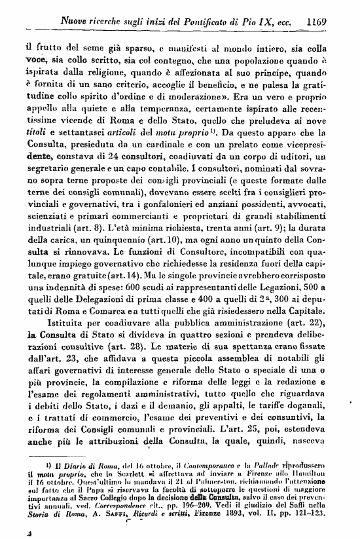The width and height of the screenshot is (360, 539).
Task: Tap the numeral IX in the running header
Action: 257,22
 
